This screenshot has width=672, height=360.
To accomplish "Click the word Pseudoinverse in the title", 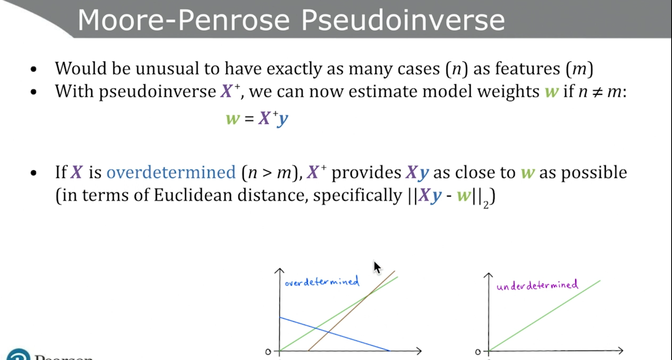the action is pos(403,20).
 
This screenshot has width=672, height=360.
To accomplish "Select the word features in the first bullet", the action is pos(527,68).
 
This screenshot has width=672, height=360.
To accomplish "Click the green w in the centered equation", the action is pos(233,118).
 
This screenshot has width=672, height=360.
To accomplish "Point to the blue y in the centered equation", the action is pos(282,119).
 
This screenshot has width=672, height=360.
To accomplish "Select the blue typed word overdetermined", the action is pos(171,172).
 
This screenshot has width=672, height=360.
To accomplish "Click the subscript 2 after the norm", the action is pos(486,205).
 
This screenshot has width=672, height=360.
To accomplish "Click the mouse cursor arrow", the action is pos(377,267).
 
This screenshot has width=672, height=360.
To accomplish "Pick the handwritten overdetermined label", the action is pos(322,281).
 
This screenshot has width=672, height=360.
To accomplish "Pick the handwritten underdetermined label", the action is pos(537,285).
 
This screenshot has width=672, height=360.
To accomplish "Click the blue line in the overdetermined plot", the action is pos(335,334).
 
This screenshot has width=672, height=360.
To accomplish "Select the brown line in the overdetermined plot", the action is pos(352,311).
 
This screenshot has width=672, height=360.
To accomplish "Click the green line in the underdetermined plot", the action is pos(545,316).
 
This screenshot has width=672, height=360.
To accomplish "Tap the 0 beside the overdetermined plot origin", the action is pos(268,352).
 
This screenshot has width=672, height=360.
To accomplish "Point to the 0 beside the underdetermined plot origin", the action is pos(478,352).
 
